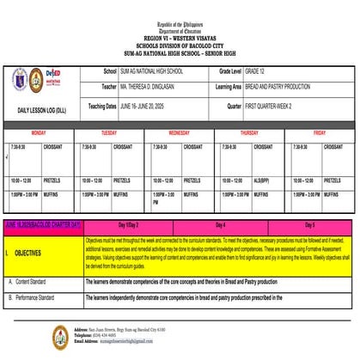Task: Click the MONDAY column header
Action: coord(40,133)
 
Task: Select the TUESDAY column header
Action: coord(109,133)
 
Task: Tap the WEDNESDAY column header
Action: coord(179,133)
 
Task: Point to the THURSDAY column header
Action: coord(249,133)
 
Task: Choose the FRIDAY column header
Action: coord(319,133)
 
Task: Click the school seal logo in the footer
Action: coord(61,336)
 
